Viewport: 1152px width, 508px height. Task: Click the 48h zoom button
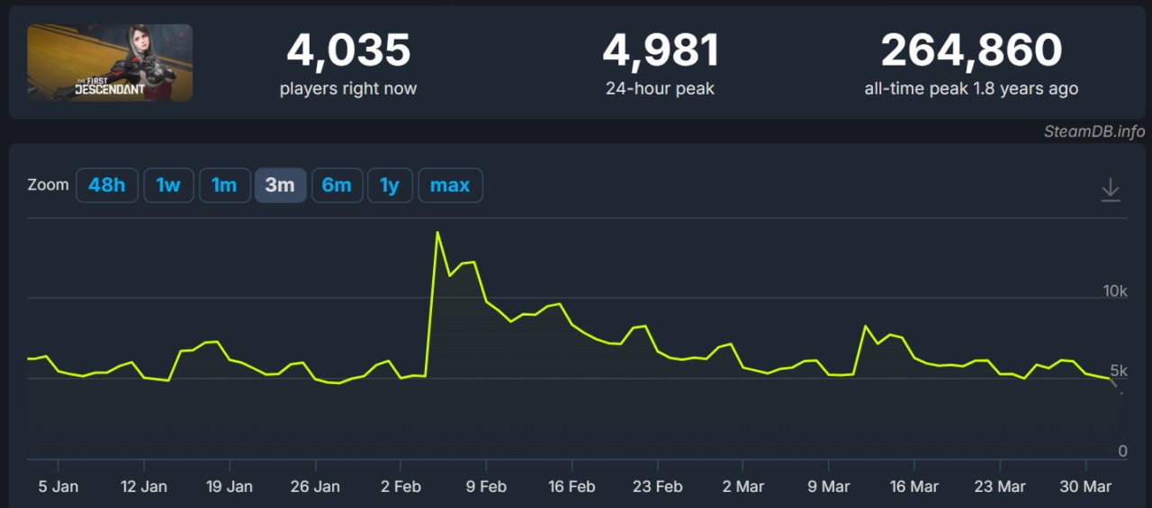pyautogui.click(x=106, y=185)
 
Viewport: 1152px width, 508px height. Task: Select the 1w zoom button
pyautogui.click(x=168, y=185)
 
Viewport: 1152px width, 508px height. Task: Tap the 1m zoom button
pyautogui.click(x=224, y=185)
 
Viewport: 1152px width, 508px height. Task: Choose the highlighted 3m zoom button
pyautogui.click(x=280, y=185)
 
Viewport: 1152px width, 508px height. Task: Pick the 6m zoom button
pyautogui.click(x=337, y=185)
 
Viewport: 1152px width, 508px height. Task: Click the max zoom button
pyautogui.click(x=450, y=185)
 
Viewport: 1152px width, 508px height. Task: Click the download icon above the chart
pyautogui.click(x=1111, y=190)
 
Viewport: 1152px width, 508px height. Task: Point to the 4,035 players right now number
pyautogui.click(x=348, y=50)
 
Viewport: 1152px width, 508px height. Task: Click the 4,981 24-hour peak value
pyautogui.click(x=661, y=50)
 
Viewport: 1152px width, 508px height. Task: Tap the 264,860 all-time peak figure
pyautogui.click(x=971, y=50)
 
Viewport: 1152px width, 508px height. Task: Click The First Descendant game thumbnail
pyautogui.click(x=110, y=62)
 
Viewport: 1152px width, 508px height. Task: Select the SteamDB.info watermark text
pyautogui.click(x=1094, y=131)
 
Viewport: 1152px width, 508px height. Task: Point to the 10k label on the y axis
pyautogui.click(x=1114, y=290)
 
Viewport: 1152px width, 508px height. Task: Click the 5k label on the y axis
pyautogui.click(x=1118, y=370)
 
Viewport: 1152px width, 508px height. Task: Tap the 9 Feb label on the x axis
pyautogui.click(x=486, y=486)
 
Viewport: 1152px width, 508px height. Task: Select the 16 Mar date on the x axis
pyautogui.click(x=913, y=486)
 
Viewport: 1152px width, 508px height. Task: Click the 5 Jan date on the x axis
pyautogui.click(x=58, y=486)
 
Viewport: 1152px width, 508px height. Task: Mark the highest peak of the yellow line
pyautogui.click(x=437, y=233)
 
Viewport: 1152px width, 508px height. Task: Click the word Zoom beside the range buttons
pyautogui.click(x=49, y=185)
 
